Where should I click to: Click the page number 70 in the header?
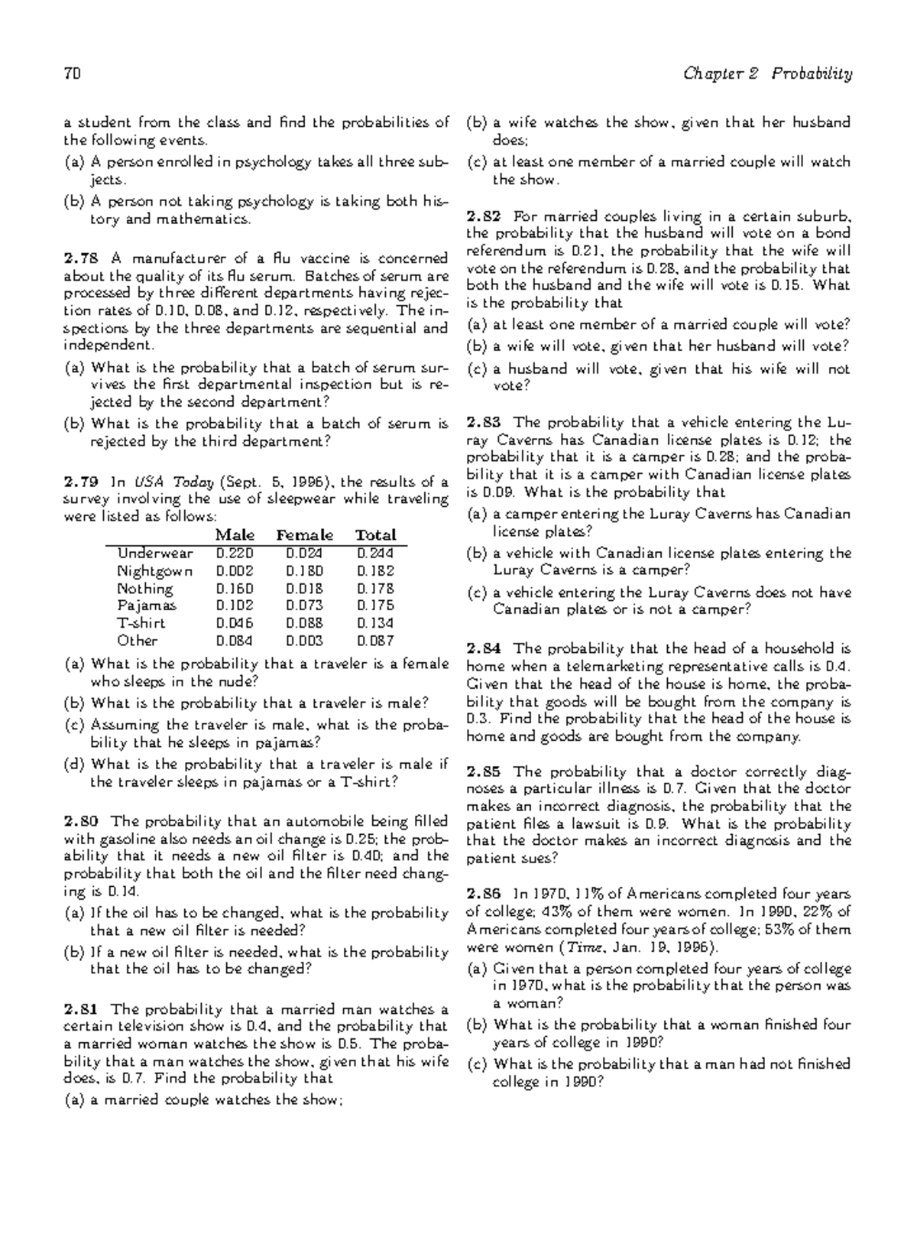point(73,74)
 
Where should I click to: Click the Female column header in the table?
point(305,535)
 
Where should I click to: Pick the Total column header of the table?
point(376,535)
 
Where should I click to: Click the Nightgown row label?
point(154,570)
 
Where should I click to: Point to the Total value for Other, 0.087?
point(375,641)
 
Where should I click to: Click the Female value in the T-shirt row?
point(305,623)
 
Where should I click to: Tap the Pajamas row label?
point(146,606)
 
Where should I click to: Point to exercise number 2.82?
point(483,216)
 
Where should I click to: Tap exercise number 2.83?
point(483,422)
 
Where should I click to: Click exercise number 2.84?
point(483,648)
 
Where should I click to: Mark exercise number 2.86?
point(483,894)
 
